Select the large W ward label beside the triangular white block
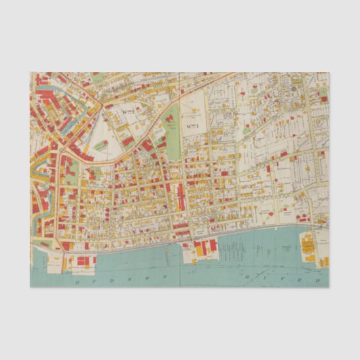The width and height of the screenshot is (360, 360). coord(130,108)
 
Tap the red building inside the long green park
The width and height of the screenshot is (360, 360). coord(170,123)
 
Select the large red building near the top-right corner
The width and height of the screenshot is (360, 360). coord(324,99)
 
